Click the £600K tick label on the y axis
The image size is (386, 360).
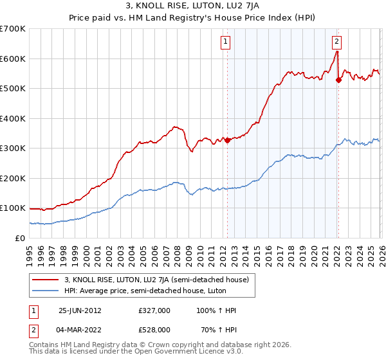pyautogui.click(x=13, y=59)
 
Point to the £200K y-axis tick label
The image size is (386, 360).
pyautogui.click(x=13, y=178)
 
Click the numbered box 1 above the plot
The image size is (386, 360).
pyautogui.click(x=226, y=42)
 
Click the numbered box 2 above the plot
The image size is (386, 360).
pyautogui.click(x=337, y=42)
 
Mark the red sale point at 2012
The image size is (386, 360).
pyautogui.click(x=227, y=140)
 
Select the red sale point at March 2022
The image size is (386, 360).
pyautogui.click(x=338, y=80)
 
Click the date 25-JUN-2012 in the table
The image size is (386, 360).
pyautogui.click(x=80, y=310)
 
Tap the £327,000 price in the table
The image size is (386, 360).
pyautogui.click(x=154, y=310)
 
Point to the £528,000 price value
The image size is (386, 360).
pyautogui.click(x=154, y=329)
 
